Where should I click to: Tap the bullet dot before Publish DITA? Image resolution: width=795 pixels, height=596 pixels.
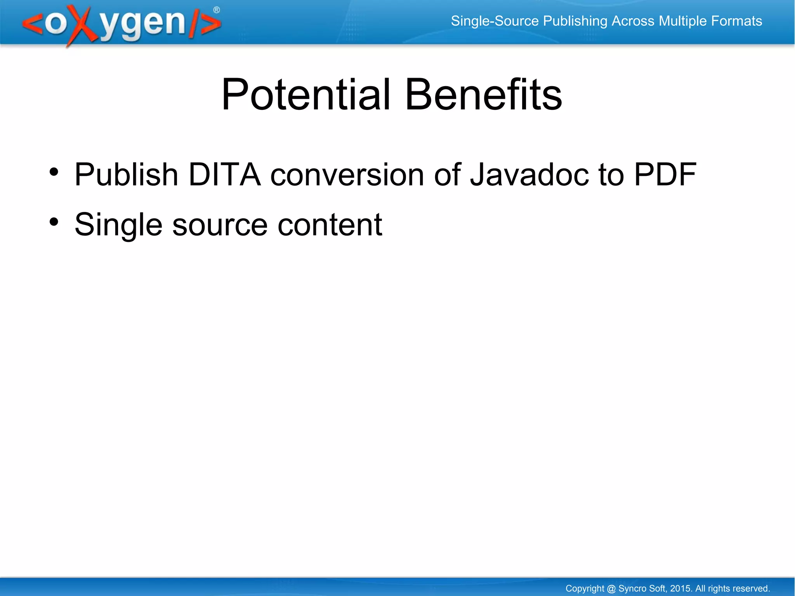(x=54, y=172)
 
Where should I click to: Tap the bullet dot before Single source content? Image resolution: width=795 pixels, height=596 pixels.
(x=54, y=222)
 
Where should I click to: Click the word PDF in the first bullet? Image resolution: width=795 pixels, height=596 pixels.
(x=665, y=174)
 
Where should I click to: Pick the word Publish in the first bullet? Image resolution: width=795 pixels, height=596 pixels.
(x=126, y=174)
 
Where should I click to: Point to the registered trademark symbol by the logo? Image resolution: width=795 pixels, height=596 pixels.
(x=217, y=10)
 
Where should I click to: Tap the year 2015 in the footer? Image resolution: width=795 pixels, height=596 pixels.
(x=680, y=588)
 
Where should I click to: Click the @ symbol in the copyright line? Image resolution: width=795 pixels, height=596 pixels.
(x=611, y=589)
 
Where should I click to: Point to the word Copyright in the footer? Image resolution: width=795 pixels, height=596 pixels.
(x=585, y=589)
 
